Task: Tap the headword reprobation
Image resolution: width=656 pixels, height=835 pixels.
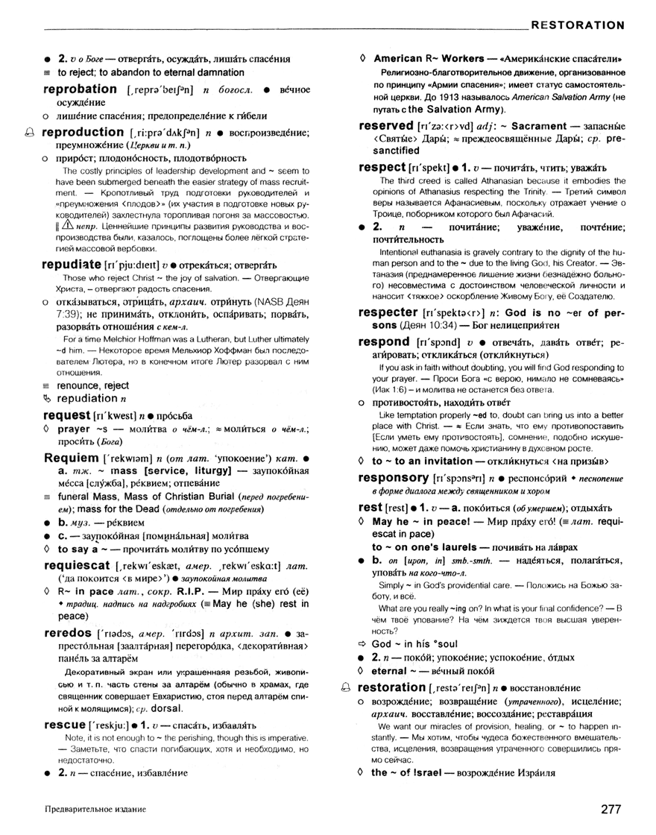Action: coord(81,89)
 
